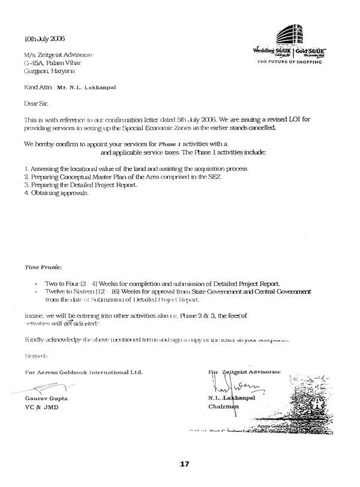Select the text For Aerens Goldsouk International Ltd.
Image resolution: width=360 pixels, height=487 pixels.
pyautogui.click(x=83, y=372)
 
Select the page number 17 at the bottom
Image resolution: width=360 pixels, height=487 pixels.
pyautogui.click(x=185, y=464)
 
